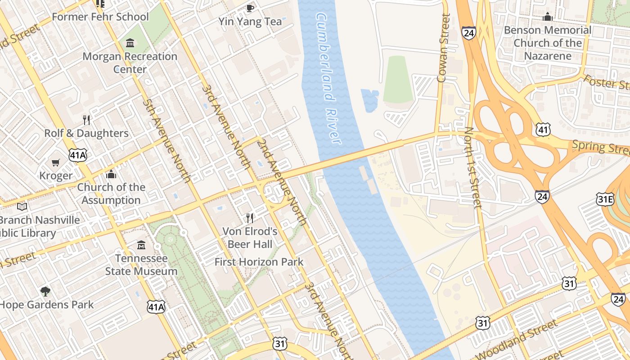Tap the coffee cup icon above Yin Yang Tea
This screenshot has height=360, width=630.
pyautogui.click(x=250, y=8)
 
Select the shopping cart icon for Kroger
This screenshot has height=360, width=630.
pyautogui.click(x=56, y=162)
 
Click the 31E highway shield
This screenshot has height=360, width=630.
pyautogui.click(x=605, y=199)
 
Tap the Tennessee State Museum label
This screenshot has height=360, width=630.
pyautogui.click(x=141, y=265)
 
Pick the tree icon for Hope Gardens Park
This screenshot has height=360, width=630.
pyautogui.click(x=45, y=291)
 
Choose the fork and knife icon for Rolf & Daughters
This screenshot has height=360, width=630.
pyautogui.click(x=86, y=120)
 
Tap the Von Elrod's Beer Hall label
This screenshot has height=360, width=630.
pyautogui.click(x=250, y=238)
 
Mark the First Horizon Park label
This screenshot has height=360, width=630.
pyautogui.click(x=259, y=261)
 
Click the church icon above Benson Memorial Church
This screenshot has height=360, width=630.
pyautogui.click(x=548, y=17)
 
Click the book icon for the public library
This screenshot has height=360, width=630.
pyautogui.click(x=22, y=207)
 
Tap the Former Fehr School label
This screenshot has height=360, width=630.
pyautogui.click(x=100, y=17)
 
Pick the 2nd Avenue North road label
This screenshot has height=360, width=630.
pyautogui.click(x=282, y=182)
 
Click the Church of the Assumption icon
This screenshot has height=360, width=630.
pyautogui.click(x=111, y=174)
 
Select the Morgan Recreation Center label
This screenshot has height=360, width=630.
pyautogui.click(x=130, y=63)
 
